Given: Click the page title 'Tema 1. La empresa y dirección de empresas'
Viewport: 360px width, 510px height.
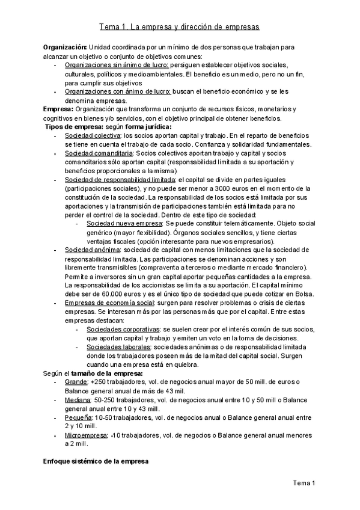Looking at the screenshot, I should pos(179,28).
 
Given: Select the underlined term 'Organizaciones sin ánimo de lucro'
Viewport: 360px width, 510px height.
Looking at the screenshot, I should pos(117,64).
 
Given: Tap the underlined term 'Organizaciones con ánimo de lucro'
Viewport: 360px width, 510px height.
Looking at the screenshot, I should pos(118,91).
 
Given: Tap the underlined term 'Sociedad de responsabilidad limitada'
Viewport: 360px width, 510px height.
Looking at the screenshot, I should pos(119,180).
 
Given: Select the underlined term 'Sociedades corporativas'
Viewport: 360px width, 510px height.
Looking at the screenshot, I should pos(123,330).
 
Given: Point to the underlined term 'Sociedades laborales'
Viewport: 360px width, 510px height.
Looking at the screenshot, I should pos(118,347).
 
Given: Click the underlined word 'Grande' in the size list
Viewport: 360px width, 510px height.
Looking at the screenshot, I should pos(76,382).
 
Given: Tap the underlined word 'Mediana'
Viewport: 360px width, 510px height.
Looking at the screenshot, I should pos(78,399).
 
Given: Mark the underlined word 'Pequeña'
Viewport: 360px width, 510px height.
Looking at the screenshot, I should pos(79,417).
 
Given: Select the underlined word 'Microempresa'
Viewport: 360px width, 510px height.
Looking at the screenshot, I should pos(87,435).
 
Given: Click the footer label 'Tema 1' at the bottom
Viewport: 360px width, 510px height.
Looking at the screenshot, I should pos(304,483).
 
